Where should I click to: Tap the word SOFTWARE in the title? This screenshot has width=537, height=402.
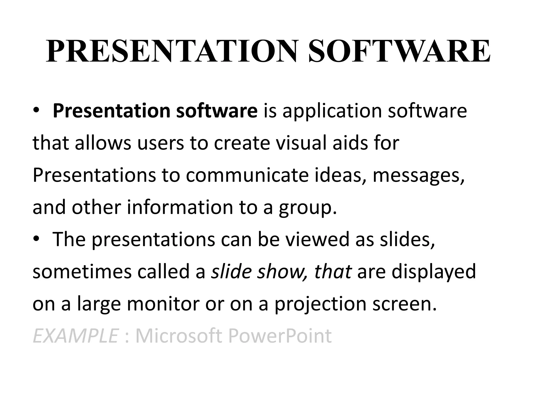(x=399, y=51)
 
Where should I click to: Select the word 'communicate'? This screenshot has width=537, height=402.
(x=247, y=175)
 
